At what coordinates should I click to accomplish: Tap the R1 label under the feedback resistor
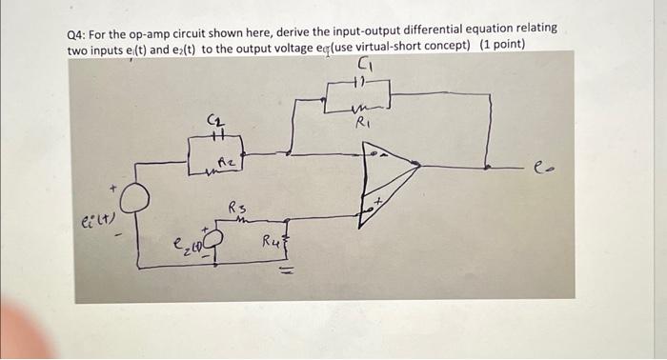362,123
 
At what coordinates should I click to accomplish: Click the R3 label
236,209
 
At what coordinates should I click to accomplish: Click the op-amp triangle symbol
386,179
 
